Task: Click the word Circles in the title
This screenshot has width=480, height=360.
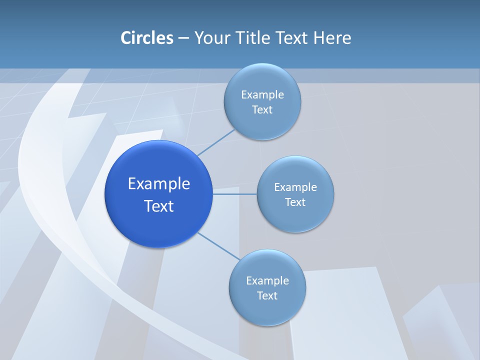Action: click(146, 38)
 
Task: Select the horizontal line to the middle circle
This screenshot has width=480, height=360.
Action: click(235, 194)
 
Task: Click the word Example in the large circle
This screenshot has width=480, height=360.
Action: click(159, 184)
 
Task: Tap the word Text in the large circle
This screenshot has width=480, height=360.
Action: click(159, 206)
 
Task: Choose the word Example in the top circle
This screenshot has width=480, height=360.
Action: click(262, 95)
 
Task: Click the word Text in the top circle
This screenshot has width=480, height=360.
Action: click(262, 110)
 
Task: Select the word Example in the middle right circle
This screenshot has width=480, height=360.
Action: click(295, 187)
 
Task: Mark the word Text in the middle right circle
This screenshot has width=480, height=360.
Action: click(295, 202)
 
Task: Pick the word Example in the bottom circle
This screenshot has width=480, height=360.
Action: click(267, 281)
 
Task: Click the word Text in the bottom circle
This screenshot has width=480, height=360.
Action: click(267, 296)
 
